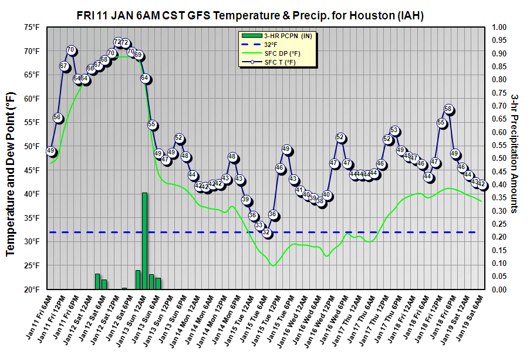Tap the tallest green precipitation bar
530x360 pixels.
[144, 241]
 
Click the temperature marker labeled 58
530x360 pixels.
[448, 109]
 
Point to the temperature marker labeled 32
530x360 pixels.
[266, 233]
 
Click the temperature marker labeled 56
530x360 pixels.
[58, 117]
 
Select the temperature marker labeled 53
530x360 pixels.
[394, 131]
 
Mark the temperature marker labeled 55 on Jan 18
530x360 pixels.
[441, 123]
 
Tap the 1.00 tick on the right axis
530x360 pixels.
[499, 27]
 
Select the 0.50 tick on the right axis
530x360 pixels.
[499, 158]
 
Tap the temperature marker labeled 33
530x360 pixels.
[259, 225]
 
